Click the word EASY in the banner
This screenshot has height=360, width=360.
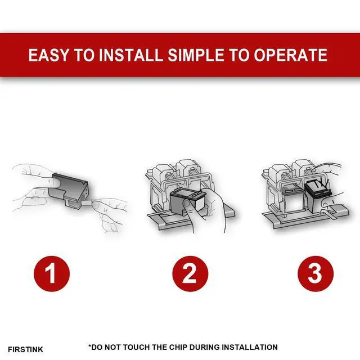click(x=48, y=55)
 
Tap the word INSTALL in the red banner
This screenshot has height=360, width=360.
click(x=130, y=55)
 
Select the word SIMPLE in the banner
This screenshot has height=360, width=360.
click(x=196, y=55)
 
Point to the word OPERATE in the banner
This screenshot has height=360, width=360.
click(x=290, y=55)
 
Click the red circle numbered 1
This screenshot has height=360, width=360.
click(x=51, y=274)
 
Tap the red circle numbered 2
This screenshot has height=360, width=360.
click(x=190, y=274)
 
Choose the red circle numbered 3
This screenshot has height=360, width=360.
click(x=316, y=274)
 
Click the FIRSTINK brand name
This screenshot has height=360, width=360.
click(x=25, y=349)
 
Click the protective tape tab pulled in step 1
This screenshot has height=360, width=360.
click(x=87, y=202)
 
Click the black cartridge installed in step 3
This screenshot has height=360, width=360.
click(x=318, y=195)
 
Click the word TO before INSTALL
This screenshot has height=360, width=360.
click(x=84, y=55)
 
